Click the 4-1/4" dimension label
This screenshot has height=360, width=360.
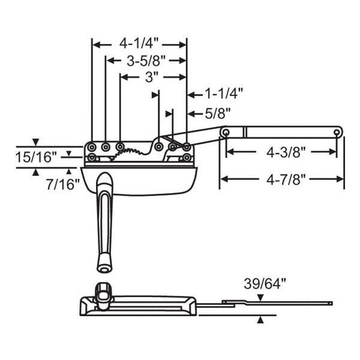pyautogui.click(x=139, y=43)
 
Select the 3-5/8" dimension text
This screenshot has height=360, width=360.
pyautogui.click(x=146, y=61)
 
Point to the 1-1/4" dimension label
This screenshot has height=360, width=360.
pyautogui.click(x=223, y=94)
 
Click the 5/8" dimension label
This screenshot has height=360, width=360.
pyautogui.click(x=217, y=113)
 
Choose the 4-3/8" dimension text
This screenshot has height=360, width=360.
pyautogui.click(x=286, y=152)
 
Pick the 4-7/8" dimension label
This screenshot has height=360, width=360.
pyautogui.click(x=286, y=179)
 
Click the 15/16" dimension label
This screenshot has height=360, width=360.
pyautogui.click(x=36, y=157)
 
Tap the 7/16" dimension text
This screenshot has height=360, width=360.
pyautogui.click(x=63, y=184)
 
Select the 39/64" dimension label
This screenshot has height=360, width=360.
pyautogui.click(x=265, y=284)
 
